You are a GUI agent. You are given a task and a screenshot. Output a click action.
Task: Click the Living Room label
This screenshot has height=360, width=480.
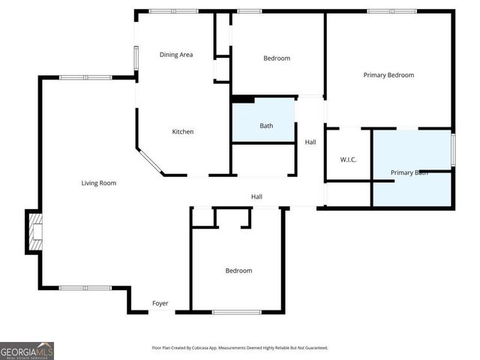coord(98,183)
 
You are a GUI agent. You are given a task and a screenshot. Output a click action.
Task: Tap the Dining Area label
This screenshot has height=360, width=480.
coord(176,55)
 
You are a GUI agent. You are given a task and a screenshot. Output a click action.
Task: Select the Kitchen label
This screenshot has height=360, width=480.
coord(183,132)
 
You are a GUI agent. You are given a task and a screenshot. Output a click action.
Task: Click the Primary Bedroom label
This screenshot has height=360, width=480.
coord(388,75)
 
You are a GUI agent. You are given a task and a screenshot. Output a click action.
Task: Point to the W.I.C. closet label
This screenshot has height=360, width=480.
coord(348,159)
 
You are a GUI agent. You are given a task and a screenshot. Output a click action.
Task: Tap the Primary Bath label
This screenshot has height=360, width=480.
coord(409,172)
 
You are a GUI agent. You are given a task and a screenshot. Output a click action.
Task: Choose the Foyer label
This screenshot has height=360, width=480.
coord(160,304)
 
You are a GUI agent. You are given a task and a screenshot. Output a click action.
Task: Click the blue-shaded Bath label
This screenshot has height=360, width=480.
coord(266,126)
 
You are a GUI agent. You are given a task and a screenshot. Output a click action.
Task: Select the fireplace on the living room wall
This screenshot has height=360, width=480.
coord(34,232)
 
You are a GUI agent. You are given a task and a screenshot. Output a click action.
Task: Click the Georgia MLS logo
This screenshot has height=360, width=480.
coord(27,350)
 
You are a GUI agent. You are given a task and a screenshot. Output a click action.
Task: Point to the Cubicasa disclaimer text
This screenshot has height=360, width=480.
coord(239,348)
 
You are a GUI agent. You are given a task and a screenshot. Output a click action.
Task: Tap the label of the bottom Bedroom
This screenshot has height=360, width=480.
coord(238,271)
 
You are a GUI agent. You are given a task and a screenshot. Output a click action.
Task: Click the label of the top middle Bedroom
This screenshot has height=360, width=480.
coord(276,58)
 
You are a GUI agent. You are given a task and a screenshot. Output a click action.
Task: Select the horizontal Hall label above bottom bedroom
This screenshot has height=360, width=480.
coord(256,196)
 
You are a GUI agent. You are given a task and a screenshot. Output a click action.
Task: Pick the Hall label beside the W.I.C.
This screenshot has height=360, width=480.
coord(310,142)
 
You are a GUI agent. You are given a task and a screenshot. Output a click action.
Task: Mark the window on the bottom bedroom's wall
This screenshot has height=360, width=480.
coord(236,312)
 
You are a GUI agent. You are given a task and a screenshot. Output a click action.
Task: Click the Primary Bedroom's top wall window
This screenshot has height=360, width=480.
coord(391,11)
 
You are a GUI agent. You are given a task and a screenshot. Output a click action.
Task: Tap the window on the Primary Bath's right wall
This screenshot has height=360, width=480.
coord(452,149)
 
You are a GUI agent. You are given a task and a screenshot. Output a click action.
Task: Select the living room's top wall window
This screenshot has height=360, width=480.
coord(85,77)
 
